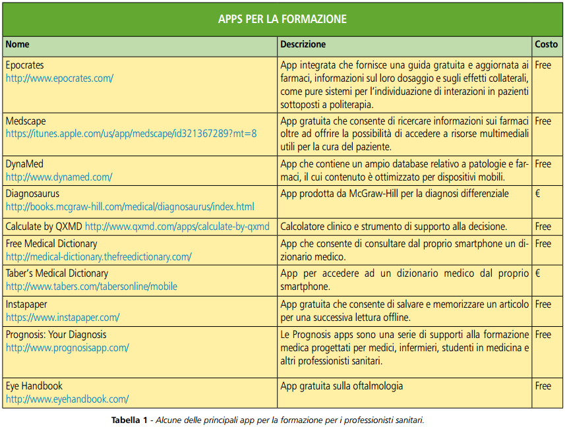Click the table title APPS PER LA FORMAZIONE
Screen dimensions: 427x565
click(282, 18)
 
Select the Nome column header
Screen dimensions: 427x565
click(18, 45)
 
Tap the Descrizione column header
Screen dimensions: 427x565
click(303, 45)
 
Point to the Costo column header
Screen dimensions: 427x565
click(546, 45)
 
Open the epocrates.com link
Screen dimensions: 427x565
click(59, 78)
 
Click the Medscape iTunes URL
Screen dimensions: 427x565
click(131, 134)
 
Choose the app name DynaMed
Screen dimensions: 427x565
click(24, 163)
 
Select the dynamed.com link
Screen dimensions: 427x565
click(59, 177)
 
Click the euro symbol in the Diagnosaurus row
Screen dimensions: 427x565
click(538, 194)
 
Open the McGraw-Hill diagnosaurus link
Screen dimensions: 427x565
click(130, 207)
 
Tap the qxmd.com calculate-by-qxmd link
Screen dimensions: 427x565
click(177, 227)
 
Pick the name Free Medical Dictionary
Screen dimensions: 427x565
click(51, 244)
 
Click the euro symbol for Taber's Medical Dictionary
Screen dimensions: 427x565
click(538, 273)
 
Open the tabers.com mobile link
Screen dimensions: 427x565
click(92, 287)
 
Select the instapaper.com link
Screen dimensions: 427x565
click(63, 317)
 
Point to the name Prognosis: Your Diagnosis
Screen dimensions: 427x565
click(56, 334)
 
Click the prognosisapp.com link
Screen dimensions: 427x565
click(67, 347)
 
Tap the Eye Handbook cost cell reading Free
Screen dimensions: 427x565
click(543, 385)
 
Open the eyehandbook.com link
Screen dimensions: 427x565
click(67, 399)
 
